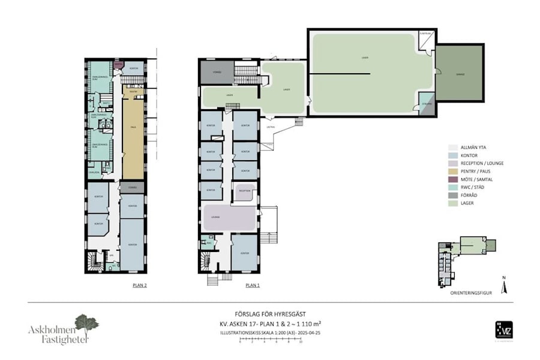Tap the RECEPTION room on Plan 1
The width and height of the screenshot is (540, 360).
(244, 192)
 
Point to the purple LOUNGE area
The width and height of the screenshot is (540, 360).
(228, 217)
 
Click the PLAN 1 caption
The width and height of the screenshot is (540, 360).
(253, 286)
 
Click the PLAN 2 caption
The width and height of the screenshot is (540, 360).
(139, 286)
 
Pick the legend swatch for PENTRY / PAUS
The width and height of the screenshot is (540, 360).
(452, 171)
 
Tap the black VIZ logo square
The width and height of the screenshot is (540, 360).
(503, 329)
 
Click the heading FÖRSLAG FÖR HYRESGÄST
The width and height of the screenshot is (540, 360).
(270, 314)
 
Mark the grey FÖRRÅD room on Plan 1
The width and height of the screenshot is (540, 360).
(217, 73)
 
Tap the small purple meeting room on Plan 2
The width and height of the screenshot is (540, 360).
(118, 64)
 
